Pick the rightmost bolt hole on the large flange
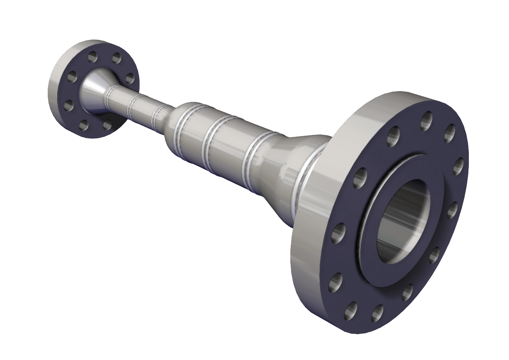pyautogui.click(x=458, y=166)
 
